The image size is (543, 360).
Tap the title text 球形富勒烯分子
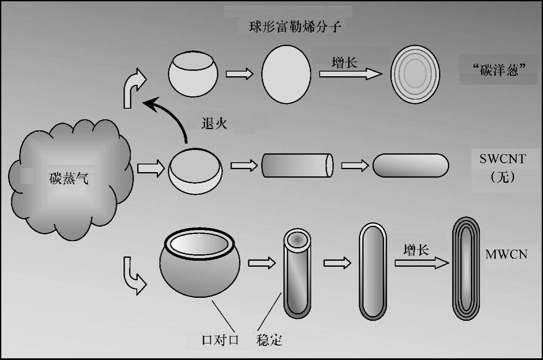pos(296,28)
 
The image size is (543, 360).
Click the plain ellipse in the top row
pos(286,73)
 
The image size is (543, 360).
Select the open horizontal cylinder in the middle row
pos(297,165)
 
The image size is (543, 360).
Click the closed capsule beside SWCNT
pos(411,165)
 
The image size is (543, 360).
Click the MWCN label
pos(506,254)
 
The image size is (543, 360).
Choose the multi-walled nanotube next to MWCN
pos(465,268)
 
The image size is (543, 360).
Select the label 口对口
pos(219,340)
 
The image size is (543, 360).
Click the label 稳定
pos(270,340)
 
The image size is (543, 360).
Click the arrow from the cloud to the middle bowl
pos(150,169)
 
